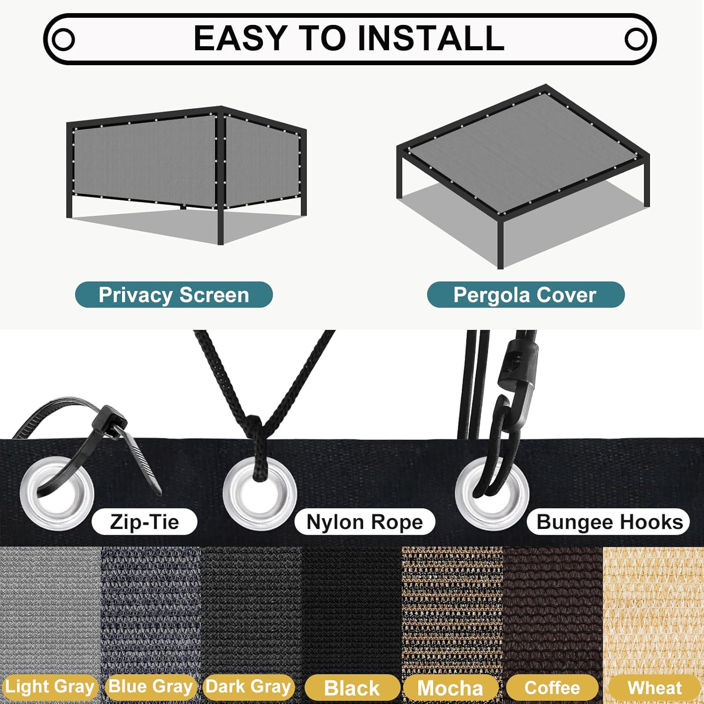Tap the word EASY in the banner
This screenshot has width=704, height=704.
coord(240,38)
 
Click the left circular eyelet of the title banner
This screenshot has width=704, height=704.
coord(62,39)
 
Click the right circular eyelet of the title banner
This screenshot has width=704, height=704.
coord(636,39)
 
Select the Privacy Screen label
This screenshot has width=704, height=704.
coord(174,295)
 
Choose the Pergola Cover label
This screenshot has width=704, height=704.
coord(526,295)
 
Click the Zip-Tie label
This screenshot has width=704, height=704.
coord(145,521)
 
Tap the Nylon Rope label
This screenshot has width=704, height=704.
coord(365,521)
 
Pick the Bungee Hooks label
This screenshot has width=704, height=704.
coord(609,521)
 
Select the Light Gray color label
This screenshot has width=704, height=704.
coord(49,687)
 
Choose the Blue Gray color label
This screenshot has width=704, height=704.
coord(150,687)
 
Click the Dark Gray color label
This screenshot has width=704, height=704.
coord(249,687)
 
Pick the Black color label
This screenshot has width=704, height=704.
coord(352,688)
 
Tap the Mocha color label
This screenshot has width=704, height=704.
coord(451,688)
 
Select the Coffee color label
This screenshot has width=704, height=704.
coord(552,688)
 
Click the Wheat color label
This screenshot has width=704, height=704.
coord(654,688)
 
